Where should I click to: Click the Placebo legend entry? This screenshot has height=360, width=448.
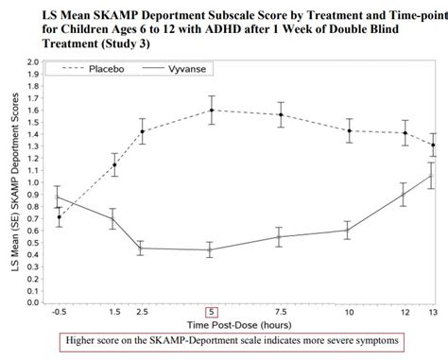tap(112, 69)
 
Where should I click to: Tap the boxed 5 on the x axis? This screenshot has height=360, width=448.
tap(212, 311)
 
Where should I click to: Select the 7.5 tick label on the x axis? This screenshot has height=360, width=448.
tap(280, 311)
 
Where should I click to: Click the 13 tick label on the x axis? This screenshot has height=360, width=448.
tap(433, 311)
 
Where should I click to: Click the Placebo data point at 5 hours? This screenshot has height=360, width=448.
tap(212, 110)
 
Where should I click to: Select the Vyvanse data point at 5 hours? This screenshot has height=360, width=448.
tap(212, 249)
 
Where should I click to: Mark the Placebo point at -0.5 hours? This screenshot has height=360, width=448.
tap(59, 216)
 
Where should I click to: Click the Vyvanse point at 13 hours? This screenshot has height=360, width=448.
tap(433, 176)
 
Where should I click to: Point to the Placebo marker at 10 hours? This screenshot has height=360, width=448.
tap(349, 130)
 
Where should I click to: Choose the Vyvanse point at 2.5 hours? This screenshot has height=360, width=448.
tap(141, 248)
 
